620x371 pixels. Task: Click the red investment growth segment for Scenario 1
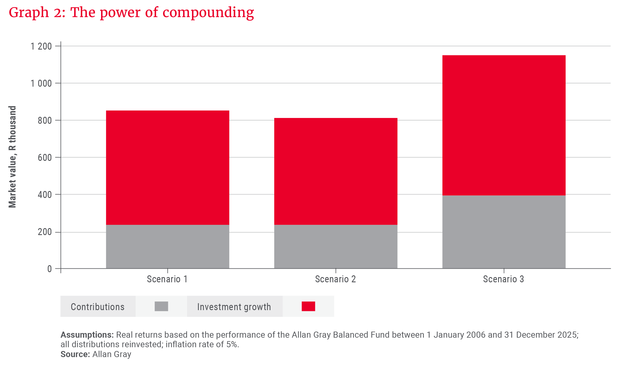(167, 168)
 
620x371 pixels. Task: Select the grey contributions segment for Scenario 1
(167, 246)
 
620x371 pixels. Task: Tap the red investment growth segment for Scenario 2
(336, 171)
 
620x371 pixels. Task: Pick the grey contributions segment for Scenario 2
(336, 246)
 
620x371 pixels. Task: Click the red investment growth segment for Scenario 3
(504, 125)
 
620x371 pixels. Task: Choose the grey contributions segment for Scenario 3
(504, 232)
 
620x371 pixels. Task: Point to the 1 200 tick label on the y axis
(41, 46)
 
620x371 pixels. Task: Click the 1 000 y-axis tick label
(41, 83)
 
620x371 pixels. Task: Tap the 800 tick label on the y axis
(45, 121)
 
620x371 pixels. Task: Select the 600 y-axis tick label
(45, 158)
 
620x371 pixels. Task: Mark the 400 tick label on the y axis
(45, 195)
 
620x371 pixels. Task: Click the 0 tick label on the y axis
(50, 269)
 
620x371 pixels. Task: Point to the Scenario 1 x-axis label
(167, 279)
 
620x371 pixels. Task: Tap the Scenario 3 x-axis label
(503, 279)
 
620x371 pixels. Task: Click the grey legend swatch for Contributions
(161, 306)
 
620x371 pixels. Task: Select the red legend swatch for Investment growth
(308, 306)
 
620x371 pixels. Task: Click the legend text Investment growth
(234, 307)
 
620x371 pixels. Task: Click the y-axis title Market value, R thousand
(12, 157)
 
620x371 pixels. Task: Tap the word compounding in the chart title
(208, 13)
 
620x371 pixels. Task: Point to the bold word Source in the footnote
(75, 354)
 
